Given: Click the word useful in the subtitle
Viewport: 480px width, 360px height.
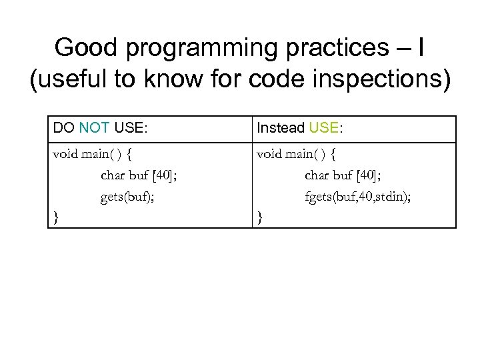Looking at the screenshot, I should click(x=70, y=80).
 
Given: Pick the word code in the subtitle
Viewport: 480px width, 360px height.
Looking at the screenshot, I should click(x=277, y=80).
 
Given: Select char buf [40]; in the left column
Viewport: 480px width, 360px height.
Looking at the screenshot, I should click(x=138, y=176).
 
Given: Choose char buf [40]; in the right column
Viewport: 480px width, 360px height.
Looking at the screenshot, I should click(x=342, y=176).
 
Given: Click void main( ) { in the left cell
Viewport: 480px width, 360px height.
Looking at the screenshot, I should click(x=92, y=155).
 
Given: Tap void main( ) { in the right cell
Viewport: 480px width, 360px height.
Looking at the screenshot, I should click(x=296, y=155).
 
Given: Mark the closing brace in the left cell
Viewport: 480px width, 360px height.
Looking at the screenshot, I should click(x=55, y=217).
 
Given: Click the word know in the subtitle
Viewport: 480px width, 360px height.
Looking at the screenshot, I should click(x=176, y=80).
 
